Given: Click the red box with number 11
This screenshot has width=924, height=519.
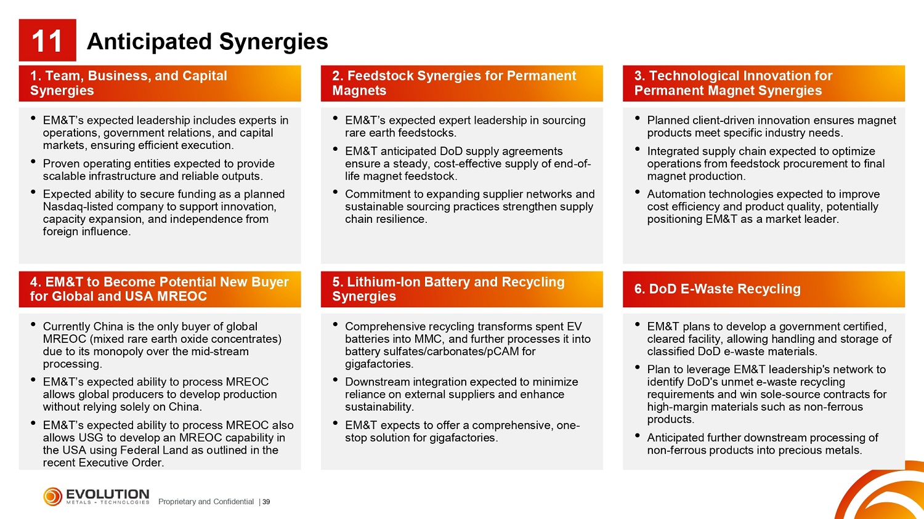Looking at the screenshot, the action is tap(47, 40).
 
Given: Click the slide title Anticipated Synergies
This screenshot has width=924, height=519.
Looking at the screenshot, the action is tap(208, 41).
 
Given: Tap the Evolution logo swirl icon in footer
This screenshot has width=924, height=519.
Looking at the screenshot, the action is tap(53, 497).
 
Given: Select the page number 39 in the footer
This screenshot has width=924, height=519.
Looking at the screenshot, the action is tap(266, 502).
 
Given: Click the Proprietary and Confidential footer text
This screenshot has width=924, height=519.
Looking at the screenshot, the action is tap(206, 502).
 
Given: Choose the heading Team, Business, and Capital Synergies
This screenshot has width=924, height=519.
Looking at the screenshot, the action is tap(129, 83).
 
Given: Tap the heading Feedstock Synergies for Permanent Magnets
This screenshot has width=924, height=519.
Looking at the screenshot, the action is tap(454, 83).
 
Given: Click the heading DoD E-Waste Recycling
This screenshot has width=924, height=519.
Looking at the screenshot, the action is tap(718, 289).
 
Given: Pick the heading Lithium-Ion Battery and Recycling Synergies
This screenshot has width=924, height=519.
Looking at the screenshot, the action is tap(448, 289).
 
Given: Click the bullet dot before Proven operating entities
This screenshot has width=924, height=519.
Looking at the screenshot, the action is tap(33, 161).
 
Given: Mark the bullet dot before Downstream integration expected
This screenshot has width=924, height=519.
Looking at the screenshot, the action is tap(335, 380).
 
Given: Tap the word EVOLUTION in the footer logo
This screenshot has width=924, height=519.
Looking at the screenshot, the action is tap(108, 494).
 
